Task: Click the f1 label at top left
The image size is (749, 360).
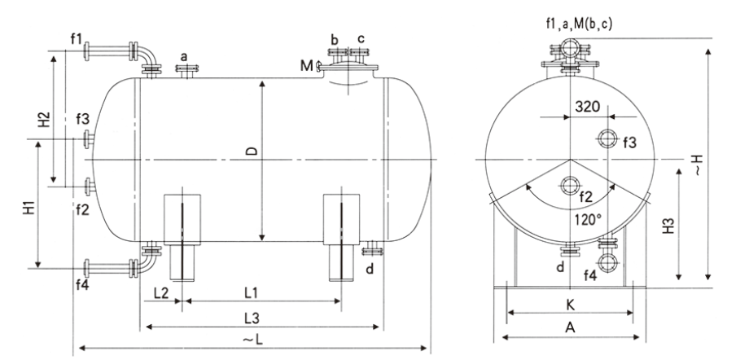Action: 77,39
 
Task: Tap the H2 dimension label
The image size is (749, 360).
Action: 44,120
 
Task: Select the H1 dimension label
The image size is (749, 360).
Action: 29,209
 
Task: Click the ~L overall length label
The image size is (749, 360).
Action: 253,340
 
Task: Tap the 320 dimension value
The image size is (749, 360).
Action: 587,106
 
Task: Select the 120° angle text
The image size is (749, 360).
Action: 588,221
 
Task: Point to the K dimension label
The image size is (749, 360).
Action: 570,305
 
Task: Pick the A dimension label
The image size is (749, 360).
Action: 570,328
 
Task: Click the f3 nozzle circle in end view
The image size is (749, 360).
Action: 607,138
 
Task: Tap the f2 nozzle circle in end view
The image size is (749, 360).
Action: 570,185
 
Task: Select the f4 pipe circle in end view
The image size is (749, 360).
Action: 607,262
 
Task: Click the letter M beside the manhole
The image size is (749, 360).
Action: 306,65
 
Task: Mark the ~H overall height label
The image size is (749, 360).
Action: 698,165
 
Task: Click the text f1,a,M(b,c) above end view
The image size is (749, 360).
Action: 579,23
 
